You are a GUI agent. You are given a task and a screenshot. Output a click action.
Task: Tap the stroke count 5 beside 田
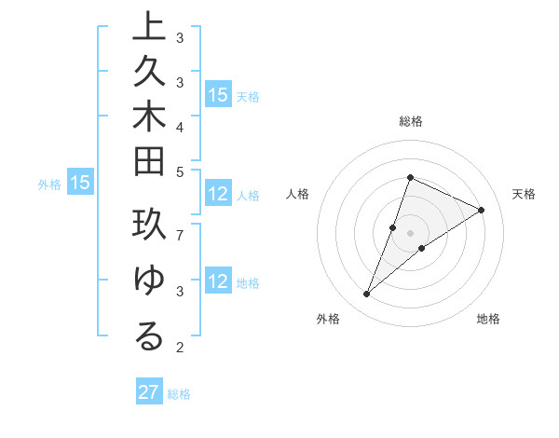coord(180,171)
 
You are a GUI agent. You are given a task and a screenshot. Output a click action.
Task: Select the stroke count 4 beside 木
coord(180,126)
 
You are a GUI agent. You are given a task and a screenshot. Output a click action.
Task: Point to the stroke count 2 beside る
coord(180,349)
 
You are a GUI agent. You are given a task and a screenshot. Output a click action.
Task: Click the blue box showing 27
coord(148,392)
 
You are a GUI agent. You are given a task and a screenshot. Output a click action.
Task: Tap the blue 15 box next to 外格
coord(80,184)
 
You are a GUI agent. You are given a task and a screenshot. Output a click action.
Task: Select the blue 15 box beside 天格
coord(218,94)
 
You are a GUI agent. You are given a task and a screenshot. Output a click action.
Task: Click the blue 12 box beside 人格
coord(218,194)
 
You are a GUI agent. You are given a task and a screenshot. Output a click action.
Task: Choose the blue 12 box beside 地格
coord(218,281)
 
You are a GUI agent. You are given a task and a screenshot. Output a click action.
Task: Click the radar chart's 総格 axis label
coord(410,121)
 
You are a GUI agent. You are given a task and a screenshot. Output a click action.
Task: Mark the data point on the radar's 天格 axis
coord(481,210)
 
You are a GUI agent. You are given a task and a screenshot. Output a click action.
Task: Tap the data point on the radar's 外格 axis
coord(366,294)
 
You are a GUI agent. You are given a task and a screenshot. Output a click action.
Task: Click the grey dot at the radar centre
coord(410,233)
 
